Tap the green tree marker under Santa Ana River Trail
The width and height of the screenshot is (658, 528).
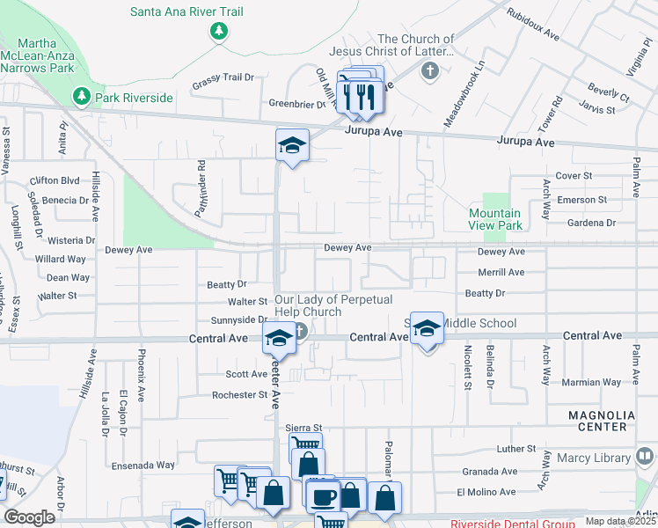219,33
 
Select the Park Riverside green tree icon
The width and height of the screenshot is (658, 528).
81,94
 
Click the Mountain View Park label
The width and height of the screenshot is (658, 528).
494,219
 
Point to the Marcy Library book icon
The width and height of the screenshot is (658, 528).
645,457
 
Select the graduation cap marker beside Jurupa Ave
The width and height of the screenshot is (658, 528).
292,145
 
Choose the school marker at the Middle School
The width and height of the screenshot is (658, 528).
427,328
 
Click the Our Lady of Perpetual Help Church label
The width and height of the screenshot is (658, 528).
308,306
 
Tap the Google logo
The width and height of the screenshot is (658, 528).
30,517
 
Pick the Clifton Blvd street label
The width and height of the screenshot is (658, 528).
54,180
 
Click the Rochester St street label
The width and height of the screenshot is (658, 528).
239,395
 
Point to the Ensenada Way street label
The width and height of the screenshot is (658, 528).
143,465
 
